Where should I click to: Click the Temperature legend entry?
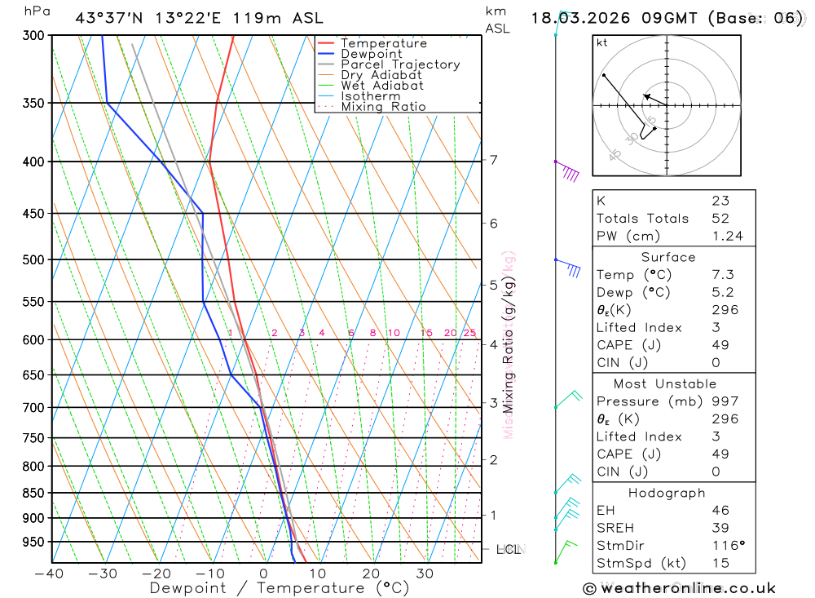point(383,43)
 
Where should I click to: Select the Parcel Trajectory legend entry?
point(399,64)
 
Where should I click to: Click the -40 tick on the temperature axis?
point(50,573)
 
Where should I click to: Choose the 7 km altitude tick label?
point(494,160)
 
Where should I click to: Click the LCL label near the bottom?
point(509,550)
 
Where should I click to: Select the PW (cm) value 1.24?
point(727,236)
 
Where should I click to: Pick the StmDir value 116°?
point(727,545)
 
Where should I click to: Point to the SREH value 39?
point(720,528)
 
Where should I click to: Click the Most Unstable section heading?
point(666,383)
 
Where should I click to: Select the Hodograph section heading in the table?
point(667,493)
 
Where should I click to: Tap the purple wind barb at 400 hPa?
point(568,171)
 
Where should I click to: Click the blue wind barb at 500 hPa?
point(569,266)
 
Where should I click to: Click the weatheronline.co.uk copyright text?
point(679,587)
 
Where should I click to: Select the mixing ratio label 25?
point(469,333)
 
